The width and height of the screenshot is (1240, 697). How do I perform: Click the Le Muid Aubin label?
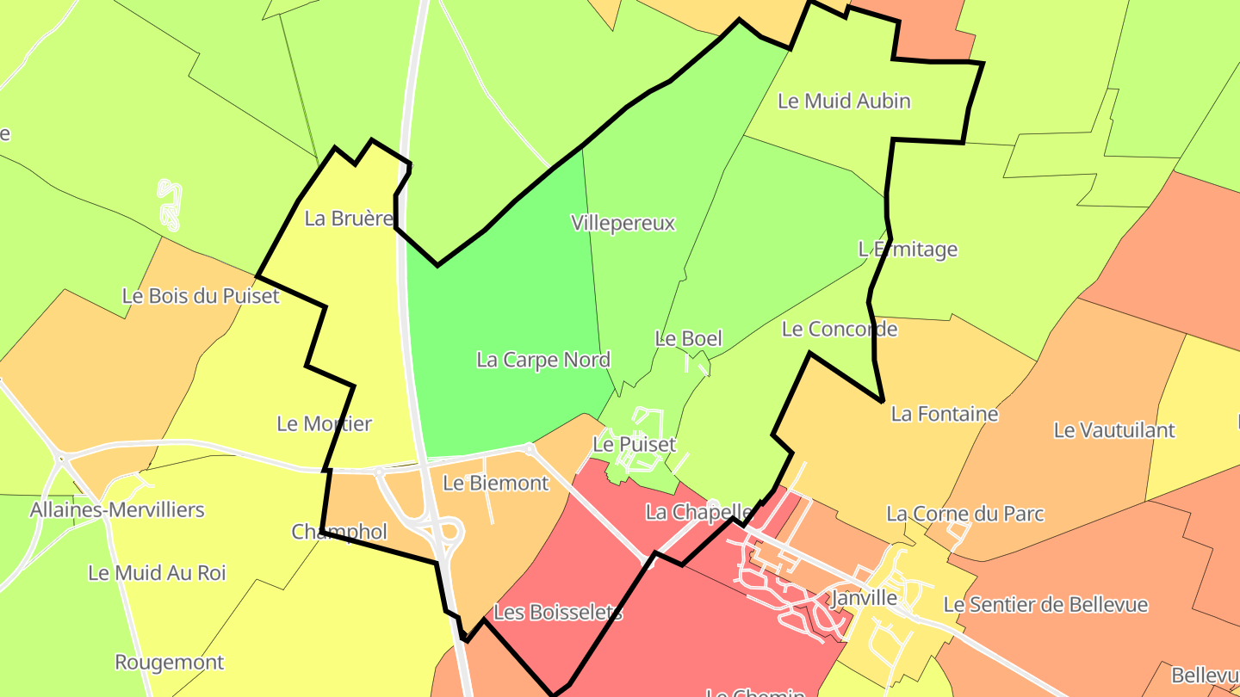[844, 101]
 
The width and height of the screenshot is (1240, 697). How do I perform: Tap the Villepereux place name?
[623, 223]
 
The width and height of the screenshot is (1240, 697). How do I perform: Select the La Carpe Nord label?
[543, 360]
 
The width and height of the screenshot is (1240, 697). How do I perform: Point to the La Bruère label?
[349, 219]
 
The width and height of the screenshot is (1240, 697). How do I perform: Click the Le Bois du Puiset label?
[201, 296]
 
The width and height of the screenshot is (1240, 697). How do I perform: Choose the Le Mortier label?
[324, 423]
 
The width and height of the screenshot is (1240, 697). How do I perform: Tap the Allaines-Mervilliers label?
[117, 509]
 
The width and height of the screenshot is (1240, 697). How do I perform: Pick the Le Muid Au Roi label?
[157, 572]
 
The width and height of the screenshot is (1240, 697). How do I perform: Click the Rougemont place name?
[170, 662]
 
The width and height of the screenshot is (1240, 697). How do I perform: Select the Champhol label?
[339, 532]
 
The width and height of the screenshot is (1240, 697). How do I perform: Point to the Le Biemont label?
[495, 483]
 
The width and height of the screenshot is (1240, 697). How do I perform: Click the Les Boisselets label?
[558, 613]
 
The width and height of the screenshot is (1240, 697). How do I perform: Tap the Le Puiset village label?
[635, 445]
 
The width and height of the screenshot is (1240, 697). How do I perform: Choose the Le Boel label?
[689, 338]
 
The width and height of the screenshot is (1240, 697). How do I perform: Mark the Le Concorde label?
[840, 329]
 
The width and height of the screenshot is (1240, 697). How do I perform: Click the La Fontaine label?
[945, 414]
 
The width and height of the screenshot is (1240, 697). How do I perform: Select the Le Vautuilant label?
[1114, 429]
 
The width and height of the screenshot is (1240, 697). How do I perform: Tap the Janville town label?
[865, 597]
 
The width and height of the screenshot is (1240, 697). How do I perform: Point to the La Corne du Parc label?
[965, 514]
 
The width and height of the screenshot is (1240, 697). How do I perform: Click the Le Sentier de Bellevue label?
[1045, 605]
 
